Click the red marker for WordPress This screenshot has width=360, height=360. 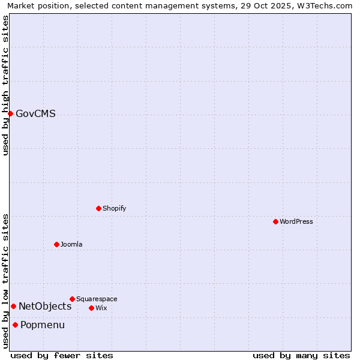[x=275, y=221]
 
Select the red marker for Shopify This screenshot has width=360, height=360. [x=98, y=208]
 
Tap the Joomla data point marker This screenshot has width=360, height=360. [x=56, y=244]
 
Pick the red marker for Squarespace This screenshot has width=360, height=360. [x=72, y=299]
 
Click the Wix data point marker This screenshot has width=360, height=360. [x=91, y=308]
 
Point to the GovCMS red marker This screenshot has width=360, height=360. [x=10, y=113]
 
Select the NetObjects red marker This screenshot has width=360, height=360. [x=13, y=306]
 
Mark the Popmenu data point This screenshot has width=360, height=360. [x=15, y=325]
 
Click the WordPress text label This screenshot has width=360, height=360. [x=296, y=221]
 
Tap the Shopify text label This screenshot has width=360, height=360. [x=114, y=208]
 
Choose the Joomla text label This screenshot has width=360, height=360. [x=71, y=244]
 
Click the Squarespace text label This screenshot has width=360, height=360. [x=97, y=299]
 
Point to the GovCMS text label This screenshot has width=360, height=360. [x=35, y=113]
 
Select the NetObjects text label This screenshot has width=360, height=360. [x=45, y=306]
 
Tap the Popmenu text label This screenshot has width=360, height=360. [x=43, y=325]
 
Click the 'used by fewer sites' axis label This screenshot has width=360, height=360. [x=62, y=355]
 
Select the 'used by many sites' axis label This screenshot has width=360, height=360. [x=301, y=355]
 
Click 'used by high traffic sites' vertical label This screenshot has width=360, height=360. [x=5, y=85]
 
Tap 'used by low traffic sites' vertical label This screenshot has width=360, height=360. [x=5, y=281]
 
